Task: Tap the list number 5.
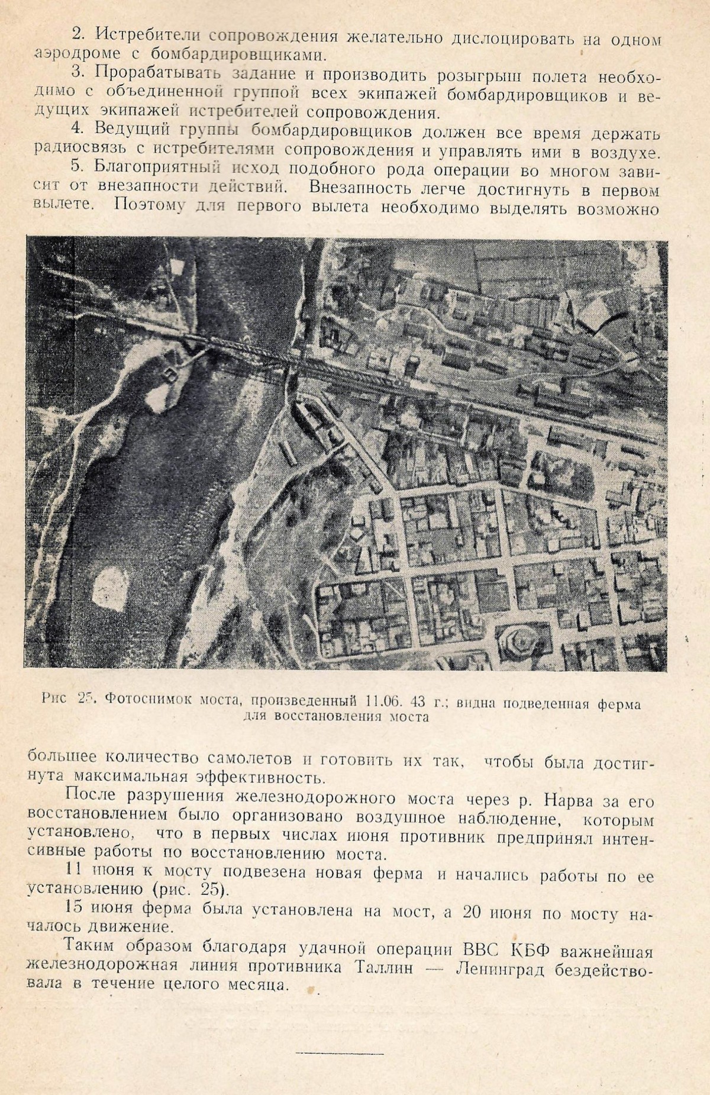[x=78, y=168]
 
